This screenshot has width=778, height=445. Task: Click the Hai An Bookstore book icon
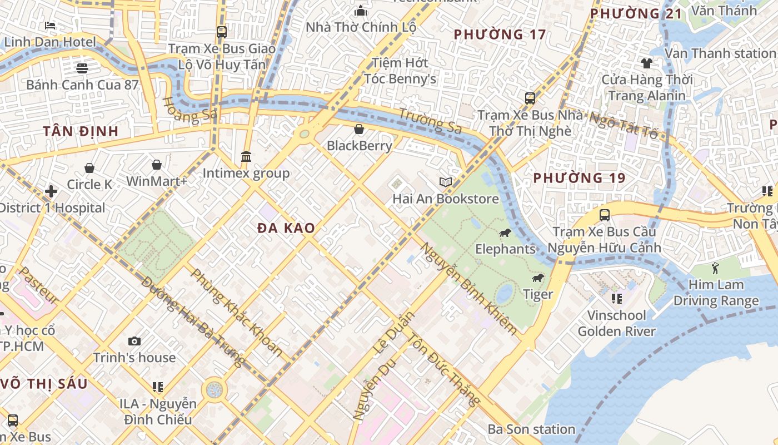pos(446,182)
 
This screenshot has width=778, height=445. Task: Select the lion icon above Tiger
pos(537,278)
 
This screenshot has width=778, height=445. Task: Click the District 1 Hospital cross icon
pos(51,191)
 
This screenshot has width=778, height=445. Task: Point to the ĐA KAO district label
pos(286,228)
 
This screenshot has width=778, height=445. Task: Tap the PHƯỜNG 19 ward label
pos(579,178)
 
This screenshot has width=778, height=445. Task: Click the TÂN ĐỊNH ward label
pos(81,131)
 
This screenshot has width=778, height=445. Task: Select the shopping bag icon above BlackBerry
pos(359,129)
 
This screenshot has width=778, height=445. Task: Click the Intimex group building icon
pos(246,156)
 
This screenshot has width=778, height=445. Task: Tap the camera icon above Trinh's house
pos(134,341)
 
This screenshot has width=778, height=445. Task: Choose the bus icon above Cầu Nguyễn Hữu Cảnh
pos(604,215)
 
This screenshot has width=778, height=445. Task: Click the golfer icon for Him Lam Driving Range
pos(715,268)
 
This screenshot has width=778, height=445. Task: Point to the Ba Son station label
pos(531,429)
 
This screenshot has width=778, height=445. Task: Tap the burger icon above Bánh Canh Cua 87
pos(82,68)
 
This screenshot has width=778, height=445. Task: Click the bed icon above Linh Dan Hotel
pos(50,26)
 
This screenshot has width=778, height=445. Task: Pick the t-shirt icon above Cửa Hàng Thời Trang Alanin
pos(647,63)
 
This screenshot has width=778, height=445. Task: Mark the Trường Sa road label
pos(430,120)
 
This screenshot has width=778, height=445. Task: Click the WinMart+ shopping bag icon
pos(157,165)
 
